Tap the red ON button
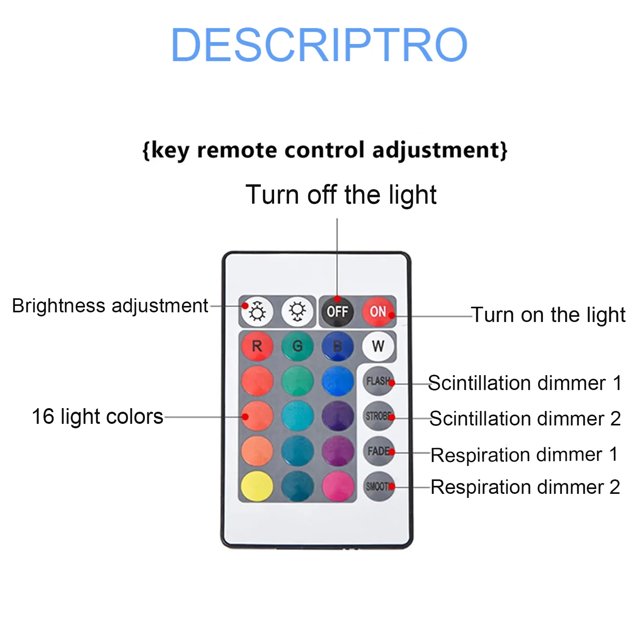tap(378, 311)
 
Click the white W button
tap(378, 346)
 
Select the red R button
tap(257, 346)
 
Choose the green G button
tap(297, 346)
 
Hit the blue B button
tap(338, 346)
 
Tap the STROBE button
tap(378, 416)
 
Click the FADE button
tap(378, 451)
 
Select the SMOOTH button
tap(378, 486)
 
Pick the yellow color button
tap(257, 486)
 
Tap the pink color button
tap(338, 486)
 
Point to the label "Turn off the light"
tap(341, 195)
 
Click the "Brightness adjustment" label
tap(110, 306)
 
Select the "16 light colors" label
tap(97, 416)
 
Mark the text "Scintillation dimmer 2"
tap(525, 419)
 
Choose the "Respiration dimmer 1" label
tap(524, 455)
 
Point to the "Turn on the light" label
tap(548, 315)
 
